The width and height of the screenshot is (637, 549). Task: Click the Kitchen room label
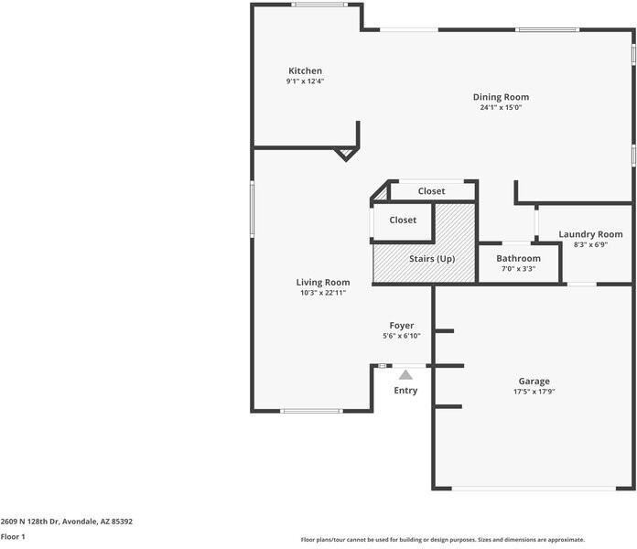click(305, 70)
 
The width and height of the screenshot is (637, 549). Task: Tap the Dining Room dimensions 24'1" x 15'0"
click(501, 108)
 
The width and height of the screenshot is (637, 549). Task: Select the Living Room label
click(323, 282)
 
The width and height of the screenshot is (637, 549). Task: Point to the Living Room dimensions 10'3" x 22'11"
click(323, 293)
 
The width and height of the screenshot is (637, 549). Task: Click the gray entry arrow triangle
click(405, 375)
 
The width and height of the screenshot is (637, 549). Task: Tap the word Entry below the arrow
click(405, 391)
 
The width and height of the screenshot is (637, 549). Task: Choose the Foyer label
click(402, 326)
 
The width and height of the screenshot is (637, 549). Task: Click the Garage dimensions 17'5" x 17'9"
click(534, 392)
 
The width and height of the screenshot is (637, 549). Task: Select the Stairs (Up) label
click(432, 259)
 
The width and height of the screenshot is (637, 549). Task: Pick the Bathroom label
click(518, 258)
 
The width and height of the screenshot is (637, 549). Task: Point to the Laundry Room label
click(590, 234)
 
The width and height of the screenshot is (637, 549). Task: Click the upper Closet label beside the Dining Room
click(431, 191)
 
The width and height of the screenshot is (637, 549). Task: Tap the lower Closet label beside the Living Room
click(403, 221)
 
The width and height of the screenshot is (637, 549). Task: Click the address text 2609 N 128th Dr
click(30, 522)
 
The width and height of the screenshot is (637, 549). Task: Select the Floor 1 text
click(13, 537)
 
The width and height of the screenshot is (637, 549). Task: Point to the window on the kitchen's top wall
click(319, 5)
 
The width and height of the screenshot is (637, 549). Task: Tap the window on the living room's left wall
click(252, 210)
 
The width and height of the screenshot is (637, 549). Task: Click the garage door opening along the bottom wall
click(534, 489)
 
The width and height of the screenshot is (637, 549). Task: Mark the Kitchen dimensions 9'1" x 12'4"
click(305, 81)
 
